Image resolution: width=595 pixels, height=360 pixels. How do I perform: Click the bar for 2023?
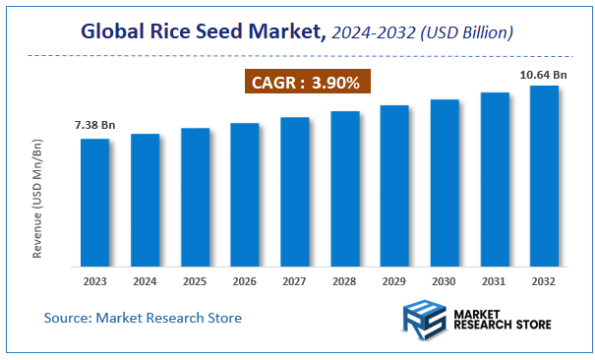pyautogui.click(x=94, y=202)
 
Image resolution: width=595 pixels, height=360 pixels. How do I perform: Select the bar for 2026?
pyautogui.click(x=244, y=194)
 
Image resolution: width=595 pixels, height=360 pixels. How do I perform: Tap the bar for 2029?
pyautogui.click(x=394, y=185)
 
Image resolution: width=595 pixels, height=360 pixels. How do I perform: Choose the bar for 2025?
pyautogui.click(x=195, y=197)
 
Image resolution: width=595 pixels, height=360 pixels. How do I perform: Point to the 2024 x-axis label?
pyautogui.click(x=145, y=280)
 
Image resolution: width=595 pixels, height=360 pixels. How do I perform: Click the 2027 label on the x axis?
pyautogui.click(x=294, y=280)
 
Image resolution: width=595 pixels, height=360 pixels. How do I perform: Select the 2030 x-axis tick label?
pyautogui.click(x=445, y=280)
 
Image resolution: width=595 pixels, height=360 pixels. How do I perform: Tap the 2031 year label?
pyautogui.click(x=495, y=280)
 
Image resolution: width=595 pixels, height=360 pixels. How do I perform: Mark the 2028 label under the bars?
pyautogui.click(x=344, y=280)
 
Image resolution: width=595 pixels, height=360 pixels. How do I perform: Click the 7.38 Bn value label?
pyautogui.click(x=94, y=126)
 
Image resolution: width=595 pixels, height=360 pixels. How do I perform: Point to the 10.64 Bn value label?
pyautogui.click(x=543, y=73)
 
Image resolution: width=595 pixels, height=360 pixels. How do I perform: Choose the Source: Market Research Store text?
pyautogui.click(x=143, y=318)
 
